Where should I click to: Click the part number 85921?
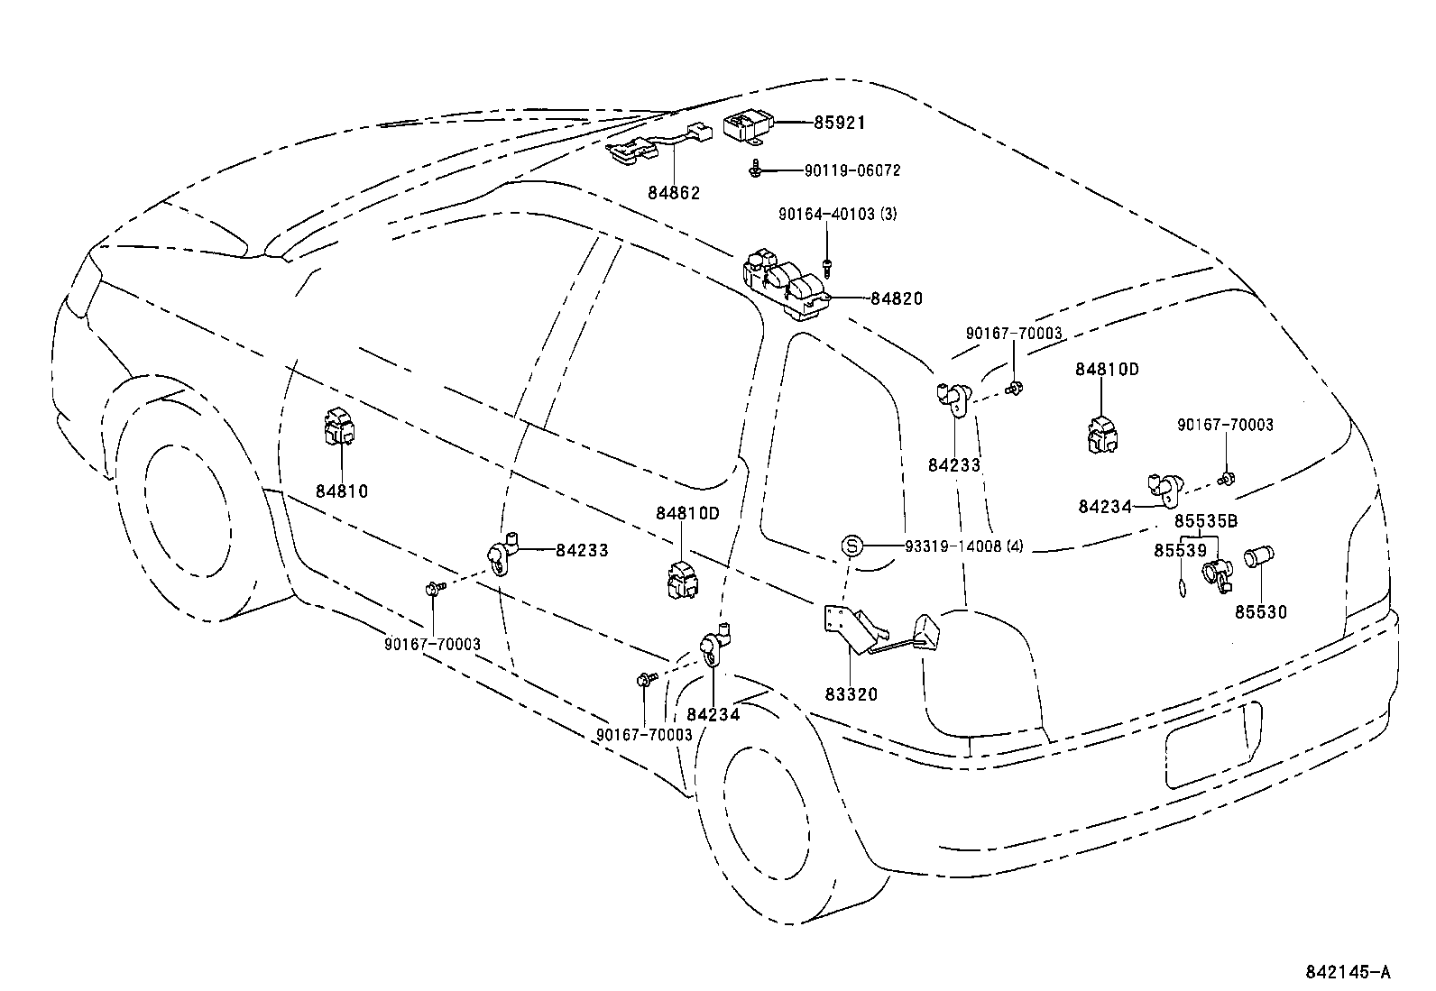[x=838, y=123]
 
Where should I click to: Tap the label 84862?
[x=673, y=193]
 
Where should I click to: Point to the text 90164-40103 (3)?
[x=838, y=214]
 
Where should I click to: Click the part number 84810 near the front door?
[x=342, y=491]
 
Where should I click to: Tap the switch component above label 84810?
[x=338, y=427]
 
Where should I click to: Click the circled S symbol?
[x=853, y=546]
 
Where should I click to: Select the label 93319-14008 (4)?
[x=963, y=546]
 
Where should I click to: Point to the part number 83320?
[x=851, y=694]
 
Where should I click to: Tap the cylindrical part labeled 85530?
[x=1257, y=558]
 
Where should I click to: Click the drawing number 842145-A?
[x=1348, y=971]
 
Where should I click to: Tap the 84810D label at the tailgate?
[x=1107, y=370]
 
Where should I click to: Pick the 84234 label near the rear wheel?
[x=712, y=714]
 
